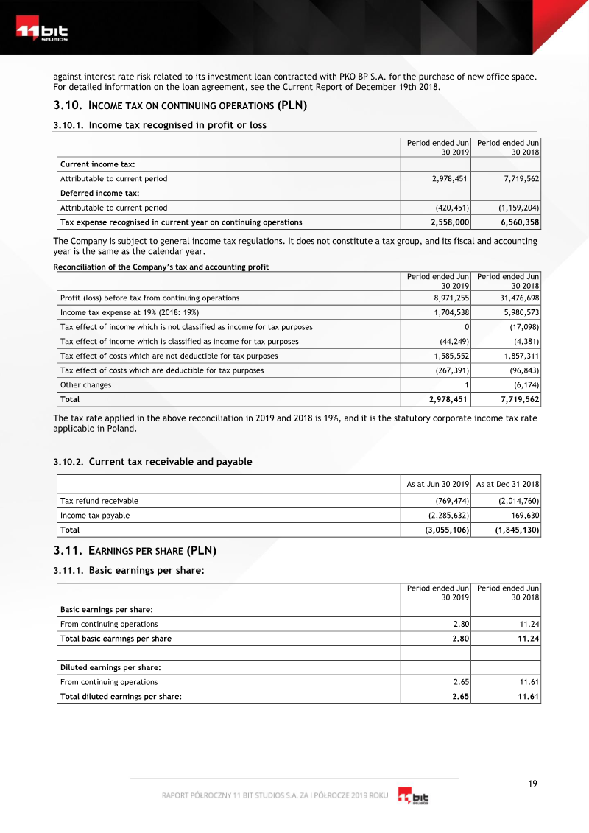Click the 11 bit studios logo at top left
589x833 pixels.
pos(42,32)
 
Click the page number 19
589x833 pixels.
pos(532,784)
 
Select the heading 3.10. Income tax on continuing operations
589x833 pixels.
pos(180,105)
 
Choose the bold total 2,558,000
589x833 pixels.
pos(449,222)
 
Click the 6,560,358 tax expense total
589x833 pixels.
pos(518,222)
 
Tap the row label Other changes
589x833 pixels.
pos(86,385)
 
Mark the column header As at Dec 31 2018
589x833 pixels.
pos(507,484)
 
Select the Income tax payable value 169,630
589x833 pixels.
pos(523,516)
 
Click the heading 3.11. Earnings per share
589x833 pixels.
pos(135,551)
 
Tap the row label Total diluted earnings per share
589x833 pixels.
pos(121,697)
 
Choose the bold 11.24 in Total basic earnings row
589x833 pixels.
pos(527,639)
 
